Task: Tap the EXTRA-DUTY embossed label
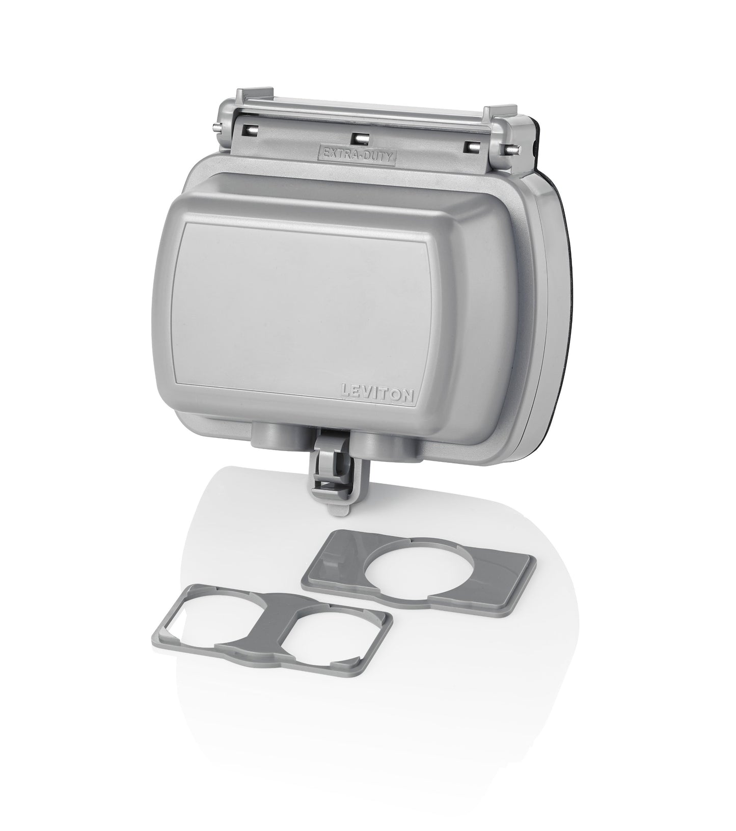coord(356,152)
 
